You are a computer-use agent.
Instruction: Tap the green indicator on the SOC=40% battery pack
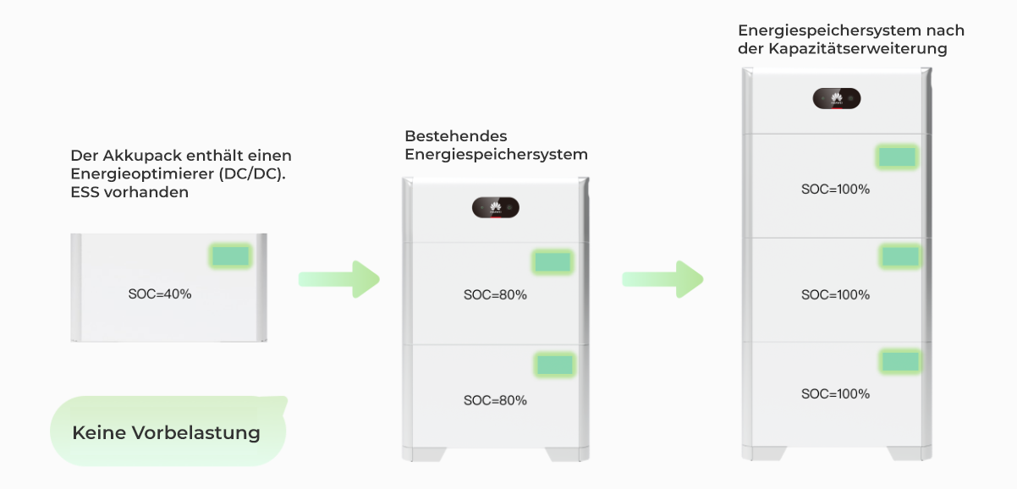[x=230, y=256]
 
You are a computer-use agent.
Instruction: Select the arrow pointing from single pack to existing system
[x=338, y=279]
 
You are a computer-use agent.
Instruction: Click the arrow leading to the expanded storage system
[x=662, y=279]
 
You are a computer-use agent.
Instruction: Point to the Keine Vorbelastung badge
[x=167, y=432]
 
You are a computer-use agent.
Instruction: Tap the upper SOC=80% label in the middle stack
[x=495, y=295]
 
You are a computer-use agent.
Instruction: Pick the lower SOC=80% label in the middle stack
[x=495, y=400]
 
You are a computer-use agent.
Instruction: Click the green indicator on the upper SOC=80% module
[x=553, y=261]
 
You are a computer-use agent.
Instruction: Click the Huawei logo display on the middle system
[x=496, y=208]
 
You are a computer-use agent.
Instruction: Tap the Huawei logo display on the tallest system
[x=837, y=99]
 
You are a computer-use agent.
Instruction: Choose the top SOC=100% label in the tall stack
[x=835, y=190]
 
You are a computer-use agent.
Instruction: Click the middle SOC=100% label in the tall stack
[x=835, y=295]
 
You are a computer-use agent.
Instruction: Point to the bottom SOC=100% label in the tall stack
[x=835, y=394]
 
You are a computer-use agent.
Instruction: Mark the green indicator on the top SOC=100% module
[x=897, y=157]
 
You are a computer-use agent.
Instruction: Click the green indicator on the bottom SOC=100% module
[x=900, y=361]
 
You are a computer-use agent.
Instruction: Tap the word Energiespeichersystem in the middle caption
[x=496, y=155]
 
